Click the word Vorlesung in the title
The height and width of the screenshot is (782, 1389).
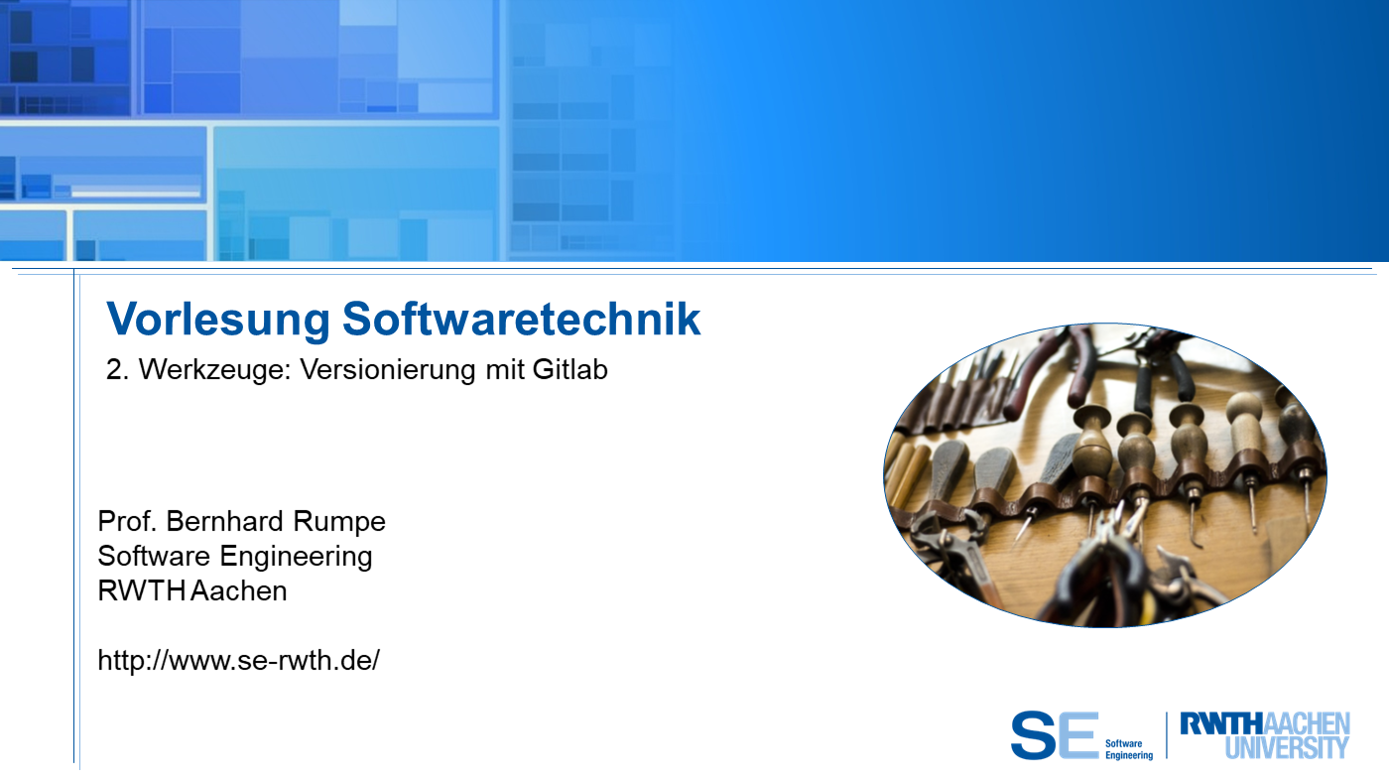[217, 320]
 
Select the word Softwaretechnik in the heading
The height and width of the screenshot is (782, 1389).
[521, 319]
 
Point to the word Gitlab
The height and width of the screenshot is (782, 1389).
[569, 369]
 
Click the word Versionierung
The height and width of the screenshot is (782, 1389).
[388, 369]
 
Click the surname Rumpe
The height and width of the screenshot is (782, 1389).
[338, 522]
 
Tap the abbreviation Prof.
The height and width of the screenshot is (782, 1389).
[128, 521]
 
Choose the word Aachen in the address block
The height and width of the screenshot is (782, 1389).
[239, 591]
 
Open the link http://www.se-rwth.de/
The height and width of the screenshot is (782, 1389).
[239, 660]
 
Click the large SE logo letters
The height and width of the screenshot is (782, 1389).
[1054, 735]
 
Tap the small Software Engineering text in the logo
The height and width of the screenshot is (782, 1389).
[1129, 749]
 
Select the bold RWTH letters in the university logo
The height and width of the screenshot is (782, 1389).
[1221, 723]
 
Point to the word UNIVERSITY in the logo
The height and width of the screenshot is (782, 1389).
[1288, 747]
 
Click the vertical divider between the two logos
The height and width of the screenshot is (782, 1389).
[1167, 735]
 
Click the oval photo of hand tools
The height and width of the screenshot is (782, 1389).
[1105, 475]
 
